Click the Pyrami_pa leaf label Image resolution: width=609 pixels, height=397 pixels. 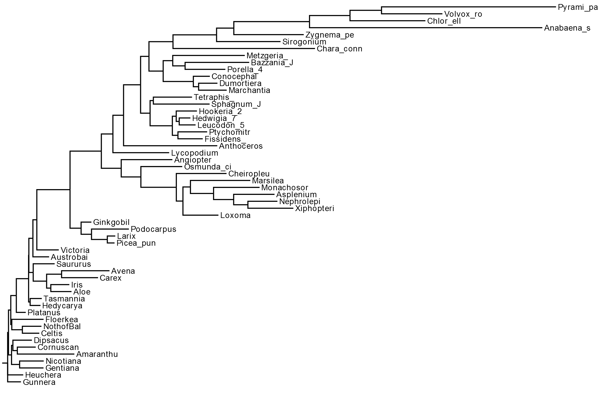click(578, 8)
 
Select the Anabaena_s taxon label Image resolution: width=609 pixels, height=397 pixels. click(567, 28)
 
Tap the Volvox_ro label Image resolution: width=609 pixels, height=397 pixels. click(463, 14)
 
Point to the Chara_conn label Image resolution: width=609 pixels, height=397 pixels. click(339, 49)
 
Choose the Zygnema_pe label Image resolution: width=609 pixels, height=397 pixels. click(330, 35)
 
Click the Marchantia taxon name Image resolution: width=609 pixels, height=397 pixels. click(249, 90)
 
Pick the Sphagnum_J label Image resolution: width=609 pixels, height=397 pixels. click(236, 104)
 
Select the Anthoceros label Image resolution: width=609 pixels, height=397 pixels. click(241, 146)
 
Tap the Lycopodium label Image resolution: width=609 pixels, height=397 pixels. click(195, 153)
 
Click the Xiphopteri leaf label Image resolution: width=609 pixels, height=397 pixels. click(314, 208)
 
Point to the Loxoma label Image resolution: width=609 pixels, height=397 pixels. click(235, 215)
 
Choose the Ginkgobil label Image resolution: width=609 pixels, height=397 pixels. click(111, 222)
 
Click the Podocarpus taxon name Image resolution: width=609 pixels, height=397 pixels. click(153, 229)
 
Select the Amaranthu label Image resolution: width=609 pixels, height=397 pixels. click(97, 354)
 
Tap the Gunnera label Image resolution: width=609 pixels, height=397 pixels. click(39, 382)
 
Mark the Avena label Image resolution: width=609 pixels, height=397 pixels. click(123, 271)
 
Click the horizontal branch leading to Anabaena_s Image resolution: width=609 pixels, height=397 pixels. click(425, 28)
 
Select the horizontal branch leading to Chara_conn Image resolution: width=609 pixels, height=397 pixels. click(244, 49)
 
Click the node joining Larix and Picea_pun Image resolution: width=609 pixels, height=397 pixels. click(108, 240)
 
